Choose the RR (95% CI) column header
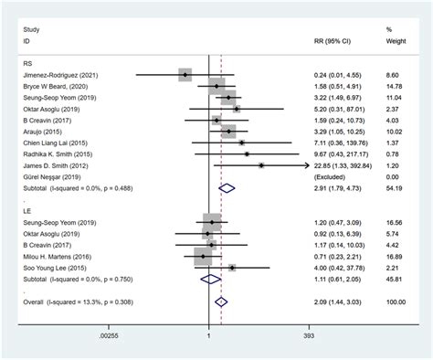(x=331, y=40)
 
